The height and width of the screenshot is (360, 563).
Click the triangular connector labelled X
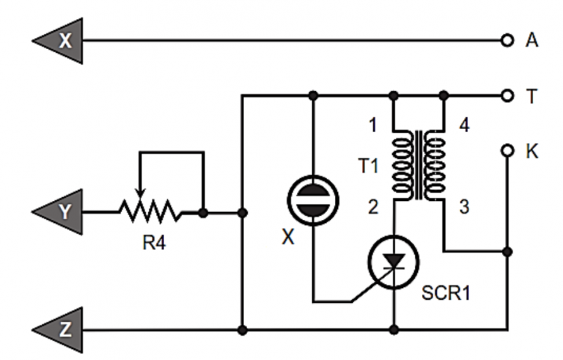tap(62, 40)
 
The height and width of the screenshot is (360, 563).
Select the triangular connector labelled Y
tap(62, 213)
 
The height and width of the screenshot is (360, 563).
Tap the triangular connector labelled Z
tap(62, 329)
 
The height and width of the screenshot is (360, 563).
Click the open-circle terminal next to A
tap(507, 40)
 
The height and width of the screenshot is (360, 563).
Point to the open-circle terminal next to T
tap(507, 95)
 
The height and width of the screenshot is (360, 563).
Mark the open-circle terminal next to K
tap(507, 150)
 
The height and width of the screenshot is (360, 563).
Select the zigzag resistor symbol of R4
tap(150, 213)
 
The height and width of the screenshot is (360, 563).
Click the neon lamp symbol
tap(313, 199)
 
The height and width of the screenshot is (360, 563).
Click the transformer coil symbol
tap(419, 166)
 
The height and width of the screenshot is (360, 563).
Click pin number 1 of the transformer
tap(372, 125)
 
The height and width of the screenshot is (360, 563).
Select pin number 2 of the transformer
tap(372, 207)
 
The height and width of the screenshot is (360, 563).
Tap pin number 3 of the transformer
tap(463, 207)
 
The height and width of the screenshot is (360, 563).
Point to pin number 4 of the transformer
tap(465, 125)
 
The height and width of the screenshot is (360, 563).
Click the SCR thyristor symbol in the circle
tap(394, 268)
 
